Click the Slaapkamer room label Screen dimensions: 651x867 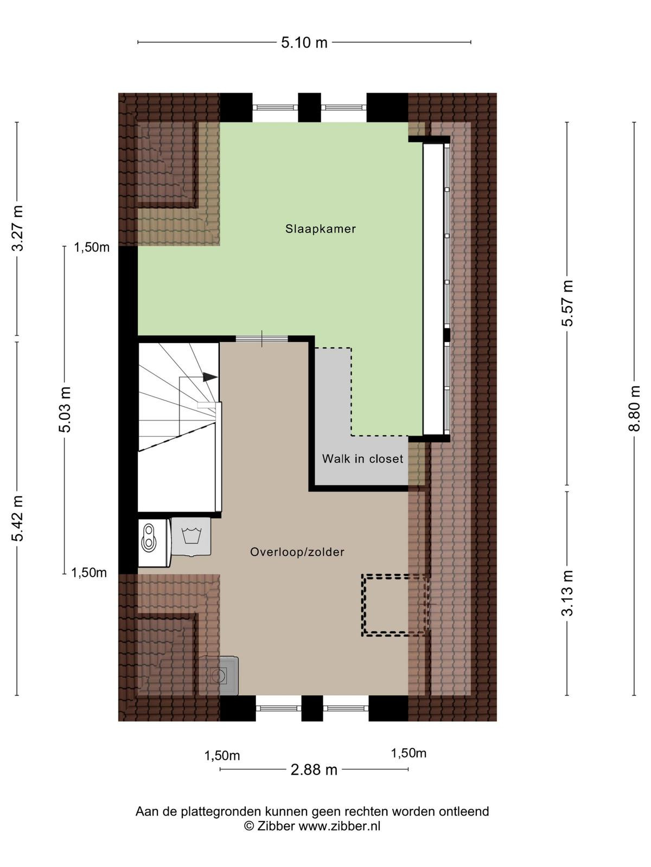tap(320, 229)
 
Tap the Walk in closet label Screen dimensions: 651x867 tap(362, 458)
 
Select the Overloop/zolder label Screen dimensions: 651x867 tap(297, 552)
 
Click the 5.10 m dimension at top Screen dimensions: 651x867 tap(304, 42)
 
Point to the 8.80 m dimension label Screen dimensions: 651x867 tap(634, 409)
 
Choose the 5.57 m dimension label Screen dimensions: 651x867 tap(567, 303)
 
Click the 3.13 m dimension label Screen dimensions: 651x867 tap(567, 593)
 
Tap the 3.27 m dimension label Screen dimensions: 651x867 tap(17, 228)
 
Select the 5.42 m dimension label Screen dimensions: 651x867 tap(17, 518)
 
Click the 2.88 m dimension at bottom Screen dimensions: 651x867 tap(314, 769)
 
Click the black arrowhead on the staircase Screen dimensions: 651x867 tap(210, 377)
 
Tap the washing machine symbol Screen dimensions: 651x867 tap(191, 537)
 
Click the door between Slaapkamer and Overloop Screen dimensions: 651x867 tap(261, 339)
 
